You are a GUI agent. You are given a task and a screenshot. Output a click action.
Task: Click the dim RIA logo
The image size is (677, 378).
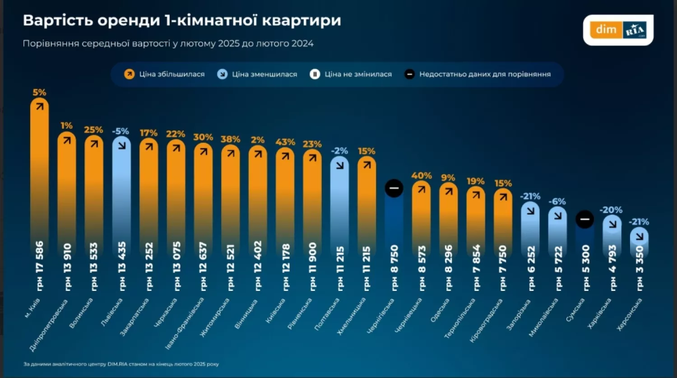point(618,30)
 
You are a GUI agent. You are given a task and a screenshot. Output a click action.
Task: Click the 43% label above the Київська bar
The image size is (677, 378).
point(285,142)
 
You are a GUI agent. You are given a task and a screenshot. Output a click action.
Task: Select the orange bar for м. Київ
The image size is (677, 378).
point(40,181)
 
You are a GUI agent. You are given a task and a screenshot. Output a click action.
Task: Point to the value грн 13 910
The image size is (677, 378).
point(67,266)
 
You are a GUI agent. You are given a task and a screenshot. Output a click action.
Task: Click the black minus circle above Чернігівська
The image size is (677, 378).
point(394,188)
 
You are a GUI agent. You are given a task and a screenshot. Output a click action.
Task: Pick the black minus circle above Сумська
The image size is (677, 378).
point(584,219)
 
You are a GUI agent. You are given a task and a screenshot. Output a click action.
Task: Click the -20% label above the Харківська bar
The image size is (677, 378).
point(611,210)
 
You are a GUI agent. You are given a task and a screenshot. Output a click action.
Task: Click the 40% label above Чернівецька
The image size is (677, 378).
point(422,176)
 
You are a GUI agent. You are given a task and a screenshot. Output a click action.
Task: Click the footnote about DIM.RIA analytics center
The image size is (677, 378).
point(121,364)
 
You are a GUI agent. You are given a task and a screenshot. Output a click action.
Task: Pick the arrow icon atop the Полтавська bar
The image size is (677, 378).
point(340,165)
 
